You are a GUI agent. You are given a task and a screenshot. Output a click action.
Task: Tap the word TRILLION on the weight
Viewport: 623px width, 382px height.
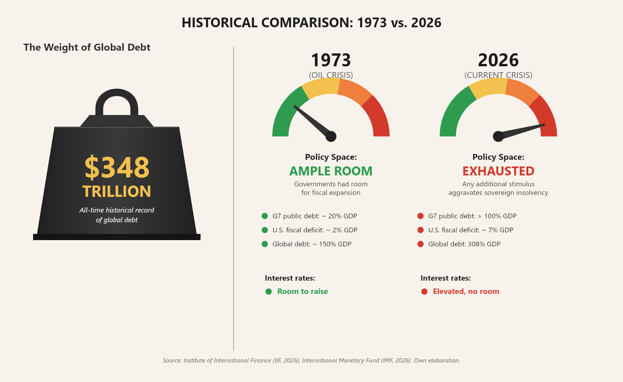117,191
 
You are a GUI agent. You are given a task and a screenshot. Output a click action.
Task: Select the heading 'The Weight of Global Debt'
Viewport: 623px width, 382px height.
87,47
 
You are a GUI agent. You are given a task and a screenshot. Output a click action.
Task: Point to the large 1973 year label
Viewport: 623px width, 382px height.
331,60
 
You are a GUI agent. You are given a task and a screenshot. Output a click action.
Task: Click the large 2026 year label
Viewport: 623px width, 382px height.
498,60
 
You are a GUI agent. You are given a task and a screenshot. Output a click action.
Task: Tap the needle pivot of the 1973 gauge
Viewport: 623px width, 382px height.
331,136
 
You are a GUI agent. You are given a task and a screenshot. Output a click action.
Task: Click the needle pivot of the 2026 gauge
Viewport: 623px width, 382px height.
498,136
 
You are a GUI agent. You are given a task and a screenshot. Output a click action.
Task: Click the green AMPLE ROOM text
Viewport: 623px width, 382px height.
331,171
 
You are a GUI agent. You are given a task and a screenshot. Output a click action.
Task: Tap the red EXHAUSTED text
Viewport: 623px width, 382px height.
498,171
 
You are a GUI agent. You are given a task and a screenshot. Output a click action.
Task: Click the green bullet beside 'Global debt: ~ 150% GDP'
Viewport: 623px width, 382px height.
265,244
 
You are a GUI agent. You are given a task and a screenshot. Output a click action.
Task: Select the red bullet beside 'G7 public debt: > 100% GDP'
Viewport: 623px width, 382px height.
421,216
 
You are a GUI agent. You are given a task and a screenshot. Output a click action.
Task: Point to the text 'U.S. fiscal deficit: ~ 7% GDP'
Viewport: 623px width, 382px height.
470,230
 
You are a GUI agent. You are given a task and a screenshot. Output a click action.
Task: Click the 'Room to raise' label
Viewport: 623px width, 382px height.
303,292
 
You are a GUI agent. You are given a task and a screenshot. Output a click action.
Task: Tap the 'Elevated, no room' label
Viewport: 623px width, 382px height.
466,292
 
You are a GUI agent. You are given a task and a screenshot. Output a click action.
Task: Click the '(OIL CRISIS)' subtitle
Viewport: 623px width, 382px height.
331,75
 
